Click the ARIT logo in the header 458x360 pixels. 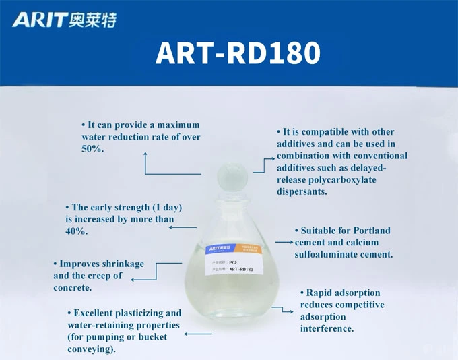(x=64, y=20)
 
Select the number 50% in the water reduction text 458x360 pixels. (x=92, y=149)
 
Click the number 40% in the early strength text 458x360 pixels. (x=76, y=231)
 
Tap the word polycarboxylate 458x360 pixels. (x=340, y=180)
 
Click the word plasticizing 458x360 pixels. (x=141, y=313)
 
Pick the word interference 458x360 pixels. (x=327, y=329)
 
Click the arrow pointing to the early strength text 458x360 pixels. (x=182, y=227)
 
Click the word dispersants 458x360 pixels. (x=302, y=192)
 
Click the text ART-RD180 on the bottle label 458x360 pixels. (x=241, y=270)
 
